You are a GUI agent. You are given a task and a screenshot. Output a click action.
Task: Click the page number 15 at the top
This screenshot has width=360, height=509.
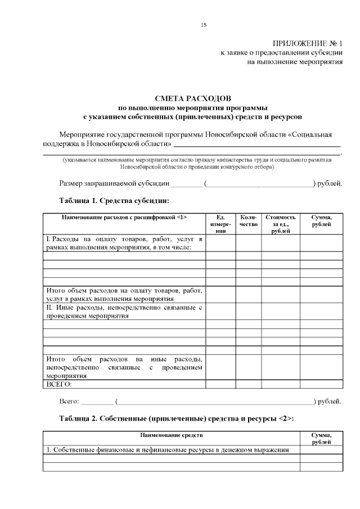tap(204, 25)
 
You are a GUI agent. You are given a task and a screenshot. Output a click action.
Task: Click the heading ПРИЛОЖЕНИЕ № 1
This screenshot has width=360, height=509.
tap(307, 43)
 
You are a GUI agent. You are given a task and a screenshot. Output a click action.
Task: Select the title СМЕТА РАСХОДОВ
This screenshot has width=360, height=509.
tap(192, 98)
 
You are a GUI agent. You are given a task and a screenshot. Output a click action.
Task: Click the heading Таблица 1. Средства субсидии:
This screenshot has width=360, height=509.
tap(114, 200)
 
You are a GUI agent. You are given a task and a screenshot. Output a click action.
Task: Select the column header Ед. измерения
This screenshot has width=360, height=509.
tap(220, 224)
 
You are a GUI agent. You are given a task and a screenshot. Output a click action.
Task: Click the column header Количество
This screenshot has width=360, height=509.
tap(248, 221)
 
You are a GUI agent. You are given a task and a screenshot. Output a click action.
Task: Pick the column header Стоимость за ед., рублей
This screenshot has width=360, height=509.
tap(280, 224)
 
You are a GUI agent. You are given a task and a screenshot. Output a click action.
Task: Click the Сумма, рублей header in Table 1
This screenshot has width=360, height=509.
tap(321, 221)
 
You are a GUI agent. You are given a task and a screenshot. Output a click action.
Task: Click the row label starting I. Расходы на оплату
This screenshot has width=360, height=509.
tap(124, 243)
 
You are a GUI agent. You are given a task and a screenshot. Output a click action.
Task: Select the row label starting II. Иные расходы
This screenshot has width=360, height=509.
tap(124, 312)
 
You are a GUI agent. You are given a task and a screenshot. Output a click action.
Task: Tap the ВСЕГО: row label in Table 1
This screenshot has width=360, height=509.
tap(58, 385)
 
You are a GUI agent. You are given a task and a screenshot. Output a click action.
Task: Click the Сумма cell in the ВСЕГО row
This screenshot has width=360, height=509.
tap(321, 385)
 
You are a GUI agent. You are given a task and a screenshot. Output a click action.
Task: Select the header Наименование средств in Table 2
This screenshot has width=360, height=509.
tap(172, 435)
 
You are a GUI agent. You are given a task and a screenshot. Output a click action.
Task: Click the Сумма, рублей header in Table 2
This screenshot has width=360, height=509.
tap(321, 439)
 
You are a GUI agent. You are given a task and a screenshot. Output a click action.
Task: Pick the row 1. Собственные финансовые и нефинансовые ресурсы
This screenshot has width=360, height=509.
tap(168, 450)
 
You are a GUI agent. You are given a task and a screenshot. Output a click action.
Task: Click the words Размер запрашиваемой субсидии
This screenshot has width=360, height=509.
tap(114, 183)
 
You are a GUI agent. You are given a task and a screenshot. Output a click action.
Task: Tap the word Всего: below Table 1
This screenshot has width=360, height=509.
tap(70, 402)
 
